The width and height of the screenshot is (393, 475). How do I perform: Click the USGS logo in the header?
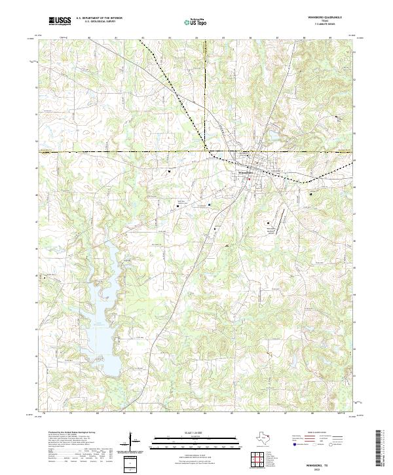pyautogui.click(x=60, y=21)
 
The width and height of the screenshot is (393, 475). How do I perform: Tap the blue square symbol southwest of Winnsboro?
pyautogui.click(x=209, y=204)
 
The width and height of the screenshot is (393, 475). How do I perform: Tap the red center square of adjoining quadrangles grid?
pyautogui.click(x=255, y=460)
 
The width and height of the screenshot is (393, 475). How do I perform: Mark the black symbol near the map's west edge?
pyautogui.click(x=45, y=277)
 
